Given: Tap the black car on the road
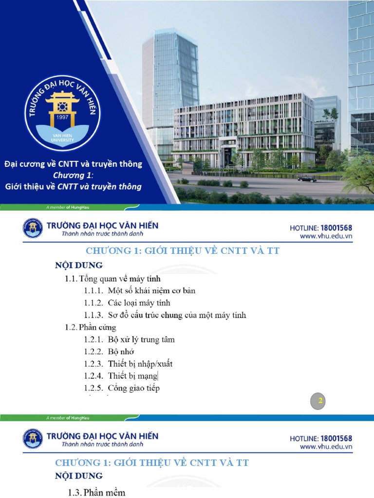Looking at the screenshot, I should click(307, 179).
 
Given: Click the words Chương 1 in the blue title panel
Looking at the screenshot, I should click(73, 175).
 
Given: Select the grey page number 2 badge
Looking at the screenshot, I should click(320, 401).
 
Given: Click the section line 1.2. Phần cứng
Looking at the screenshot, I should click(91, 327).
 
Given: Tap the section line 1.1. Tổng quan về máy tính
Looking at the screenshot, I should click(113, 279).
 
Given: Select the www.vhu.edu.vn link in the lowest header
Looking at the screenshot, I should click(326, 446).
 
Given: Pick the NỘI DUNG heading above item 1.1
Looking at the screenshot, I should click(78, 266).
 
